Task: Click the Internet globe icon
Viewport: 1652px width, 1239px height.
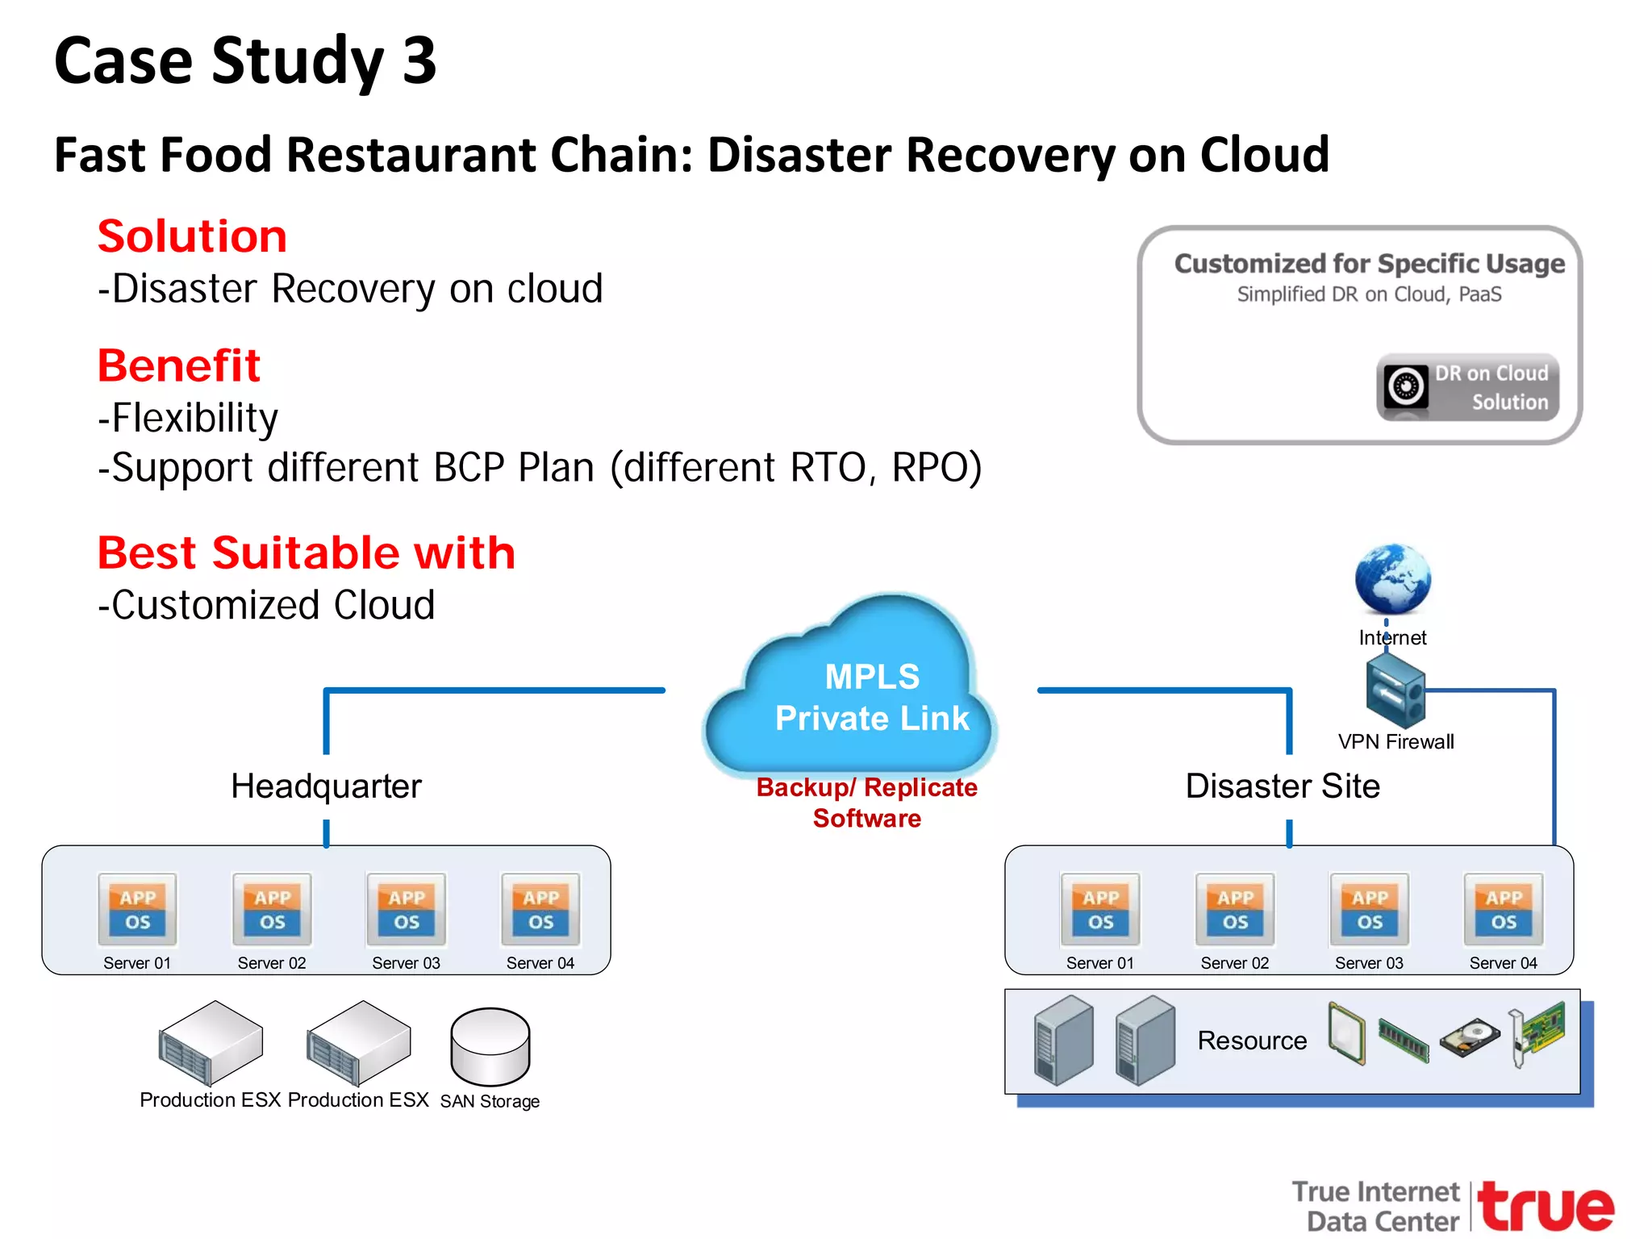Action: (1392, 579)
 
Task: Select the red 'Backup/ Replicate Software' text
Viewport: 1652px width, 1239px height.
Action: (866, 803)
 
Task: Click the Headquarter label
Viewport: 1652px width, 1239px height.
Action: (326, 786)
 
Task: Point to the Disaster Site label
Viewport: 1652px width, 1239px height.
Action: (1282, 786)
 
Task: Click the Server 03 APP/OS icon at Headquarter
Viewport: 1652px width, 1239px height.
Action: (406, 910)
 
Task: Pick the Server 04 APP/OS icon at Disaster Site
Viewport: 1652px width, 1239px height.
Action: (1504, 910)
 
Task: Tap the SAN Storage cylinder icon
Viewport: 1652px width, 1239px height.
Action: (490, 1046)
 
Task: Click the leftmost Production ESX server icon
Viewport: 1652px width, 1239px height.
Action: (211, 1043)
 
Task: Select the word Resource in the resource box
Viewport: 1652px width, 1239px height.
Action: (1252, 1041)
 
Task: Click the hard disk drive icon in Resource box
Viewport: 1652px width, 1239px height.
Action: (1470, 1037)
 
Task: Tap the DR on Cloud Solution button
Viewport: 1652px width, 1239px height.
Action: (1467, 387)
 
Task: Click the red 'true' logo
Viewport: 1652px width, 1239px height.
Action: (1546, 1207)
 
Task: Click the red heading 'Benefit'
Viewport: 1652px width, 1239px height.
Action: (178, 365)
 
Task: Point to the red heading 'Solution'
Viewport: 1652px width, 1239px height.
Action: (192, 236)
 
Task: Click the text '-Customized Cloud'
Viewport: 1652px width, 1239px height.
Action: (266, 605)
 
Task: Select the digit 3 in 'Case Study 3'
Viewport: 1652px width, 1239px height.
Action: (419, 60)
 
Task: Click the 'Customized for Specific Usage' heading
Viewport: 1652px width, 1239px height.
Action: (1369, 264)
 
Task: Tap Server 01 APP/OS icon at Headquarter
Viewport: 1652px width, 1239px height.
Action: (137, 910)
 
